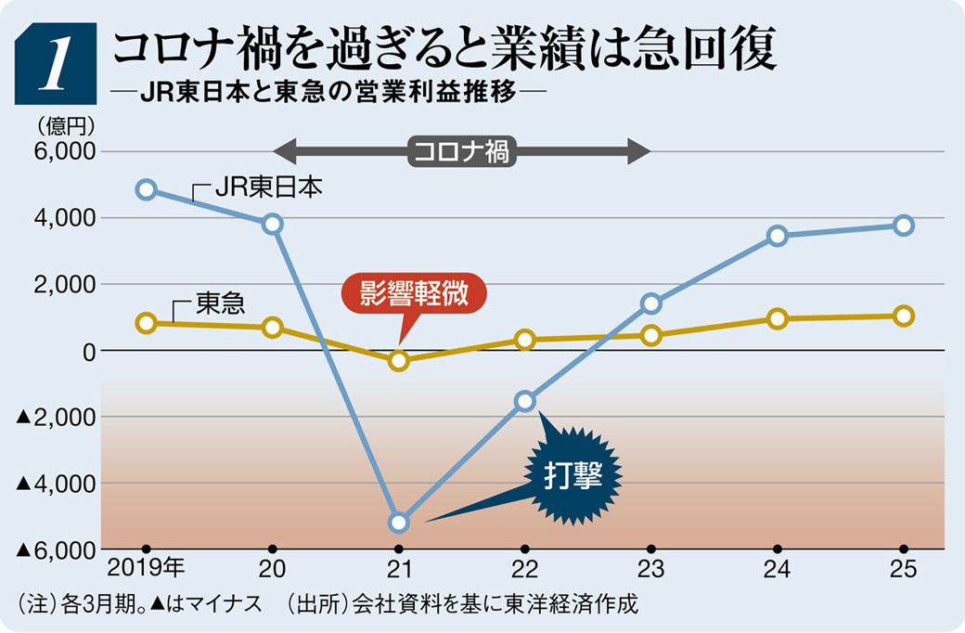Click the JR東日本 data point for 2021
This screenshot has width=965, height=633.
[399, 523]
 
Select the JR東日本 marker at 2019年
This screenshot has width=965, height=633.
[146, 189]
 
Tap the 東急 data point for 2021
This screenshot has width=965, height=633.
[399, 360]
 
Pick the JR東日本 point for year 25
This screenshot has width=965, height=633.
[904, 226]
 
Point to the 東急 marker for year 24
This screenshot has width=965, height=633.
[778, 319]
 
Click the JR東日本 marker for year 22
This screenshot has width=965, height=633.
[525, 401]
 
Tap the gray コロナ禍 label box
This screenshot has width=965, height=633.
[461, 151]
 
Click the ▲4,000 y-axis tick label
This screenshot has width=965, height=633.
[58, 484]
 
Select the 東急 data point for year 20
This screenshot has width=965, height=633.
[273, 327]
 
